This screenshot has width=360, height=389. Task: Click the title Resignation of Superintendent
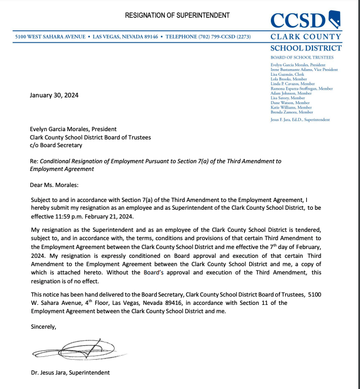point(177,15)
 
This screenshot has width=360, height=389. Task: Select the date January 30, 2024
point(54,95)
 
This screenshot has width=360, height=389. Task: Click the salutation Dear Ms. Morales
point(54,185)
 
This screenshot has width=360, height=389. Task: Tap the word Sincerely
point(44,326)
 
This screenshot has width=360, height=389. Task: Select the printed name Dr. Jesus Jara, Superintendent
point(70,372)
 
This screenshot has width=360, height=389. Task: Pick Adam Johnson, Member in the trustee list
point(292,93)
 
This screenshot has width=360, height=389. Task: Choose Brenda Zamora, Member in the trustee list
point(292,112)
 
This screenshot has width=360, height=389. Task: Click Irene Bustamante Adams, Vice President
point(304,70)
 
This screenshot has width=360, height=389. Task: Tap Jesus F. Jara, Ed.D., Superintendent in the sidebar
point(300,120)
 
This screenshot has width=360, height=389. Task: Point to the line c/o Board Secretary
point(56,145)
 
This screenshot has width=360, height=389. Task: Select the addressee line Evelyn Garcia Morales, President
point(73,129)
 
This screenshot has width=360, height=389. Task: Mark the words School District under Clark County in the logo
point(306,48)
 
